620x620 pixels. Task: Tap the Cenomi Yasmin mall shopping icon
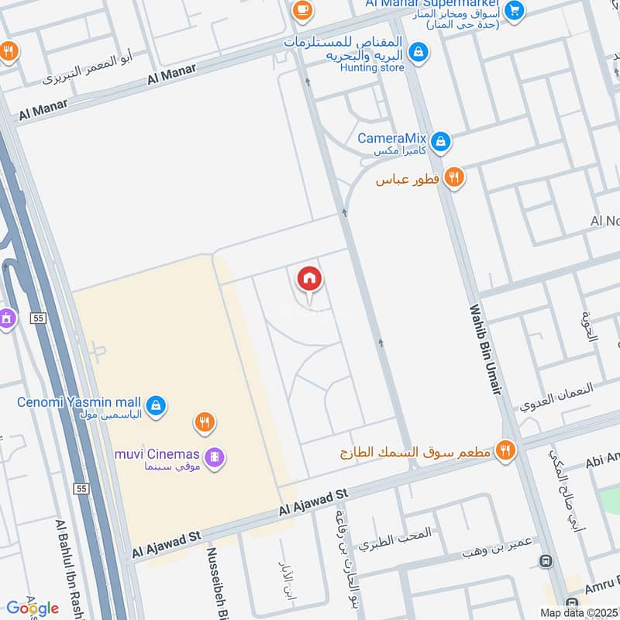[156, 405]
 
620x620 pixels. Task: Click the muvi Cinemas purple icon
[216, 458]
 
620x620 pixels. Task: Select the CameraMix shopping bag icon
[441, 141]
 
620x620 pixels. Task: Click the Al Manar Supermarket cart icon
[514, 11]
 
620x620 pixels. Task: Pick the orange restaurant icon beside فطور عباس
[454, 178]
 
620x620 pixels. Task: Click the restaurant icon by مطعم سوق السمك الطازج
[505, 449]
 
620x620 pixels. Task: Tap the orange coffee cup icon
[301, 10]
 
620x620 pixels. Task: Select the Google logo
[32, 608]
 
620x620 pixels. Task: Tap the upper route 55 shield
[36, 318]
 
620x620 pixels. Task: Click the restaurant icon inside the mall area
[205, 422]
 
